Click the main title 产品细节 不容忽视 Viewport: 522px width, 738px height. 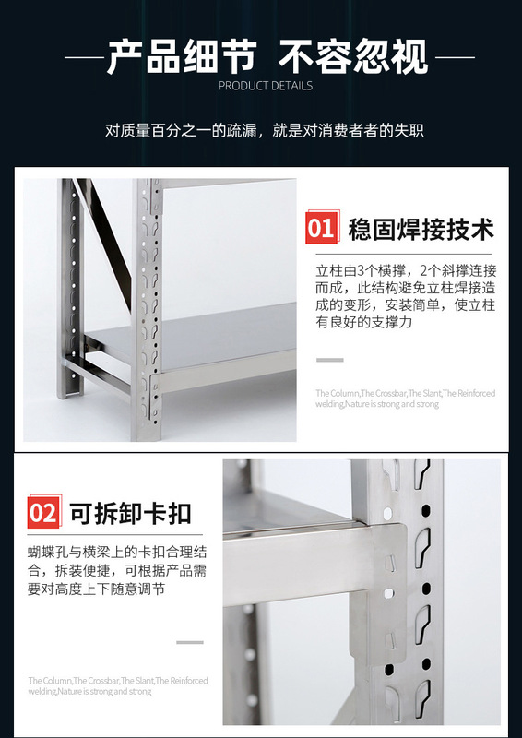pyautogui.click(x=267, y=56)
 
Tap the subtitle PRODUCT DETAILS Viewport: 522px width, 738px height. pyautogui.click(x=266, y=86)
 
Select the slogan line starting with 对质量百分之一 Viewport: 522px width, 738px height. pyautogui.click(x=264, y=130)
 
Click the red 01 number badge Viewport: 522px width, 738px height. pyautogui.click(x=321, y=227)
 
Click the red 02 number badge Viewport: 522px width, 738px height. pyautogui.click(x=43, y=512)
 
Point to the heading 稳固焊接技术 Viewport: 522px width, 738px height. pyautogui.click(x=421, y=228)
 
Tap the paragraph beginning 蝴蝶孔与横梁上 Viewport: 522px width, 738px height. pyautogui.click(x=116, y=572)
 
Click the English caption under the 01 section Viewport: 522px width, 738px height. pyautogui.click(x=405, y=399)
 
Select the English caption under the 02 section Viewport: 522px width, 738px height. pyautogui.click(x=117, y=685)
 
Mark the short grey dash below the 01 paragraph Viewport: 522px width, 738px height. pyautogui.click(x=329, y=360)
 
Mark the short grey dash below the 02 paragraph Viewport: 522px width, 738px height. pyautogui.click(x=189, y=641)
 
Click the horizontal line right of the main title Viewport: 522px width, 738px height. pyautogui.click(x=454, y=57)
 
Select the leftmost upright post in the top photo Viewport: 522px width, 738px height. pyautogui.click(x=68, y=286)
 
